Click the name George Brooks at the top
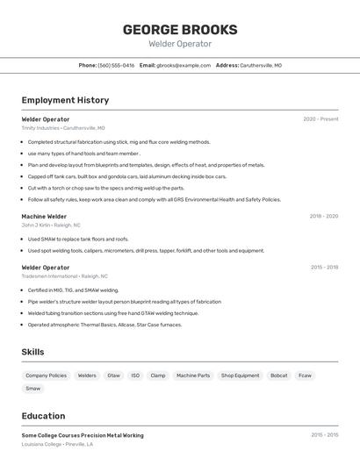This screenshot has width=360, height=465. click(179, 28)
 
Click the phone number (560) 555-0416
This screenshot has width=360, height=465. click(116, 65)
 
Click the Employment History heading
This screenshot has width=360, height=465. click(65, 100)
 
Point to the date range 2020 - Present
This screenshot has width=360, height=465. click(320, 119)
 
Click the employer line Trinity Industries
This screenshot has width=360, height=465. click(63, 128)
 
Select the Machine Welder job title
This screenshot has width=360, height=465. click(44, 216)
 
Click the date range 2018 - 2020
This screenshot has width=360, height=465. click(323, 216)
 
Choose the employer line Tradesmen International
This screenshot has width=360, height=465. click(65, 276)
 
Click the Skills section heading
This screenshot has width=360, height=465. click(32, 352)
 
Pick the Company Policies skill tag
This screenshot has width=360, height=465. click(46, 376)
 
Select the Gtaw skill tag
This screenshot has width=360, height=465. click(113, 376)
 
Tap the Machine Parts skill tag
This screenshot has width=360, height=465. click(193, 376)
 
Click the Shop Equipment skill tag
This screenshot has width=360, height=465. click(240, 376)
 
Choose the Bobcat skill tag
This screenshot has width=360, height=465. click(279, 376)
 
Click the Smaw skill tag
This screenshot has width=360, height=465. click(32, 388)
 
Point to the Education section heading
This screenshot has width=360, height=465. click(43, 416)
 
